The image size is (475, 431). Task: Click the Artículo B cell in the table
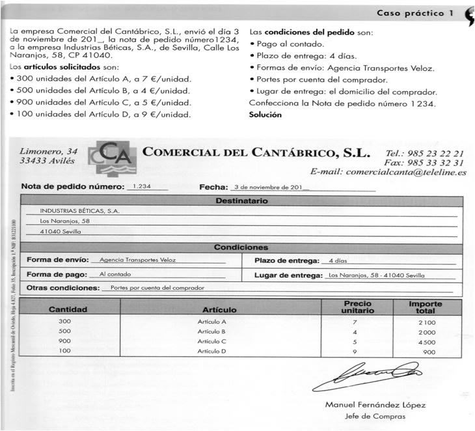(212, 331)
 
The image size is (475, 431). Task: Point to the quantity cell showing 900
(64, 341)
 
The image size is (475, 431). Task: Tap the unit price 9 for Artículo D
(355, 352)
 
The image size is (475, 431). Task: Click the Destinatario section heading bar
(241, 201)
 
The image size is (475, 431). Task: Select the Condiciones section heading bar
(241, 247)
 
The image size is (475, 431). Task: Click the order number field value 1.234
(141, 186)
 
